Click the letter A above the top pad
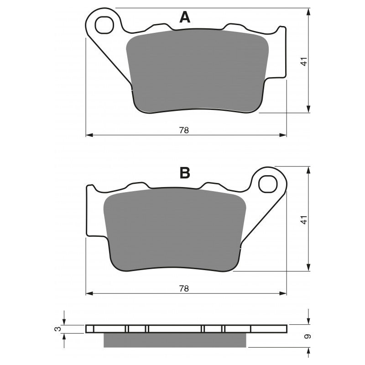point(185,17)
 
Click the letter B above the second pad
point(185,173)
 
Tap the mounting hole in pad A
point(104,25)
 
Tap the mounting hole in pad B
point(268,184)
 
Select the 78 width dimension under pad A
point(184,130)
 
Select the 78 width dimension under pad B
point(184,289)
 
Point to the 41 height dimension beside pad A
point(304,61)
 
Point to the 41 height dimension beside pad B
point(304,220)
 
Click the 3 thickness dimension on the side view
point(59,328)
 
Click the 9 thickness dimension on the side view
point(308,337)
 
